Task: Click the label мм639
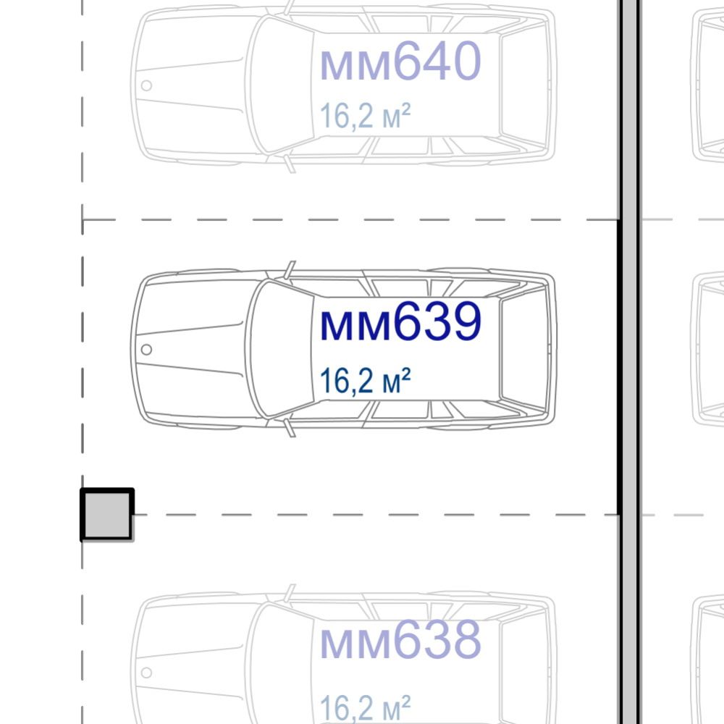(x=400, y=321)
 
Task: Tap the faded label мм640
(x=400, y=61)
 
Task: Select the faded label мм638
(x=400, y=640)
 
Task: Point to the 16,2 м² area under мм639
(x=365, y=382)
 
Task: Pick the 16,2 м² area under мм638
(x=365, y=707)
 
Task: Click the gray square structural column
(x=107, y=514)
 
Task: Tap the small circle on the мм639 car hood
(x=146, y=350)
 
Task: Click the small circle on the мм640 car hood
(x=146, y=85)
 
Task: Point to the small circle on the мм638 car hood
(x=146, y=673)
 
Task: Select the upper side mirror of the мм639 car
(x=290, y=269)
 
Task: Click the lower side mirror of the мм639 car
(x=290, y=428)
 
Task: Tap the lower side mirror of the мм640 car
(x=290, y=164)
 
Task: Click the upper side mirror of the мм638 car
(x=290, y=593)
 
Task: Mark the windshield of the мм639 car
(x=279, y=349)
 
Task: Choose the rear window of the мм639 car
(x=523, y=349)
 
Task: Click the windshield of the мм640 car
(x=279, y=85)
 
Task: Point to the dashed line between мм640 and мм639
(x=350, y=220)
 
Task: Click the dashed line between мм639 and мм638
(x=376, y=514)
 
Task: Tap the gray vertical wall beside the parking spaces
(x=629, y=362)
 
